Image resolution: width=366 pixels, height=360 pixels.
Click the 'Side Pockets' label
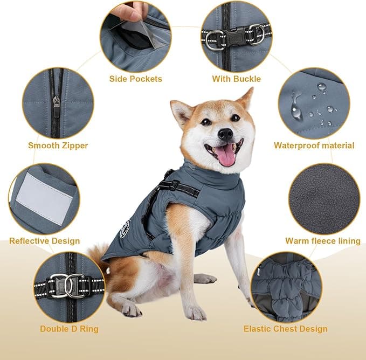(135, 79)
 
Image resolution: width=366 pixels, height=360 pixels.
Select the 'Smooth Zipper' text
(58, 146)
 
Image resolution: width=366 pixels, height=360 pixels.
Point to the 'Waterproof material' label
(314, 146)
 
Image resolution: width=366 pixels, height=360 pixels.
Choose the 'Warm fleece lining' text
(322, 241)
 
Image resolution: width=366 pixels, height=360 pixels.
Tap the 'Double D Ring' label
(69, 328)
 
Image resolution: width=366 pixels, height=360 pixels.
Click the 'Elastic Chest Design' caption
(285, 328)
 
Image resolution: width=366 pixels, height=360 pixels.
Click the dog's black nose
(225, 133)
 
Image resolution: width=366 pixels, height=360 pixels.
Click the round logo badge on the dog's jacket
(125, 229)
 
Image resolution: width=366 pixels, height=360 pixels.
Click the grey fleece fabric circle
(323, 199)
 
